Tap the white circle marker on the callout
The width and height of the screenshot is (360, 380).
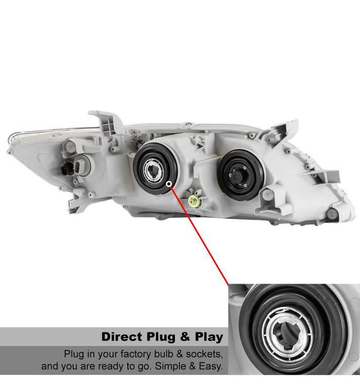coord(169,184)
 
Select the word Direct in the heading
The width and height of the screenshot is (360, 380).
coord(122,337)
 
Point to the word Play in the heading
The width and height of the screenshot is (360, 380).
coord(209,337)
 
